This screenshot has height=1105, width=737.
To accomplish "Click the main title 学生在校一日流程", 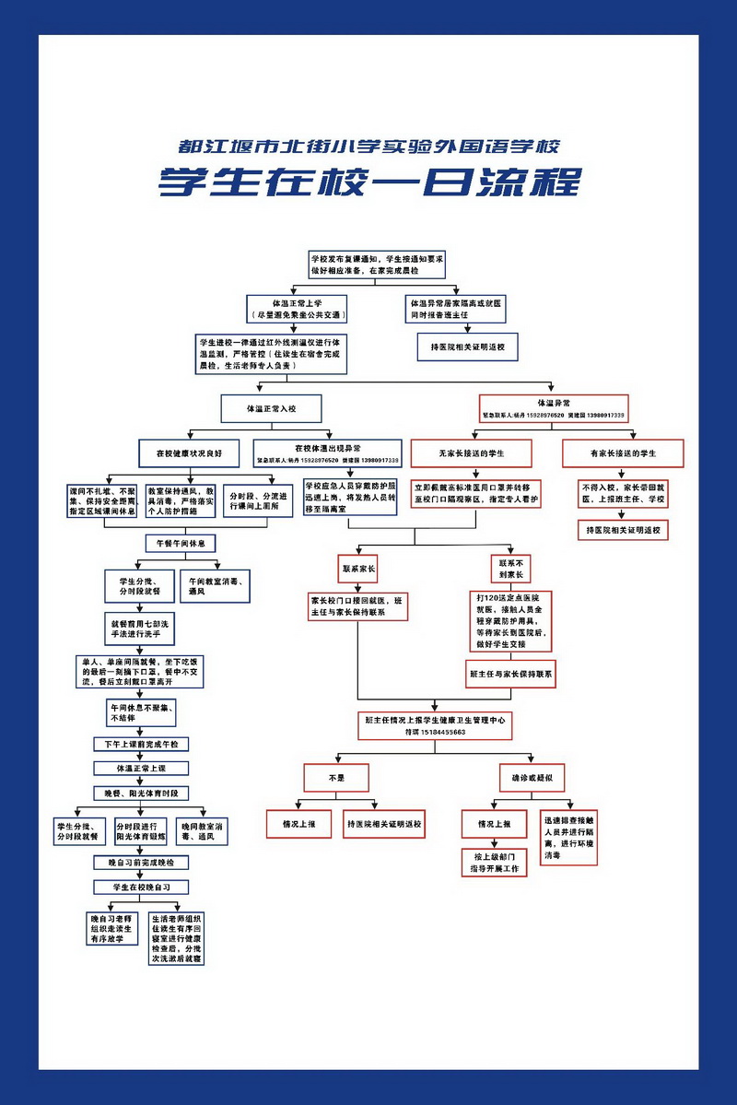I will click(368, 182).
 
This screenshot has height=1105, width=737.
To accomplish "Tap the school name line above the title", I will click(368, 147).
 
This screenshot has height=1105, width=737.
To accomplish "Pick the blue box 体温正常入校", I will click(271, 406).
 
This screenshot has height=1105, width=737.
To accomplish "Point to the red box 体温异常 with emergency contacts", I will click(553, 406).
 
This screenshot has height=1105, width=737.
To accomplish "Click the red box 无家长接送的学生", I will click(471, 453).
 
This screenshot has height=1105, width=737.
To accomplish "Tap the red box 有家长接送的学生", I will click(623, 453).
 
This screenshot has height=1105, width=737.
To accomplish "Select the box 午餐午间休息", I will click(181, 543).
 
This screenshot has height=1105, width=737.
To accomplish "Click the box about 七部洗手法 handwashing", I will click(139, 629).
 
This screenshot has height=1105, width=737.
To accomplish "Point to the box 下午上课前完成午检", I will click(141, 744).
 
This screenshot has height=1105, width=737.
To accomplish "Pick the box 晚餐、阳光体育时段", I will click(141, 793).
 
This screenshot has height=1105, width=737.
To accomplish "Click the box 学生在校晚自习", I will click(141, 887).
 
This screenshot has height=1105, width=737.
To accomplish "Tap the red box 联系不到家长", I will click(510, 569).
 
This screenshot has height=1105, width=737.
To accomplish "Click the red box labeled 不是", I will click(336, 778).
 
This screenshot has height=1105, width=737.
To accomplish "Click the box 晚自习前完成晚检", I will click(141, 863).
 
